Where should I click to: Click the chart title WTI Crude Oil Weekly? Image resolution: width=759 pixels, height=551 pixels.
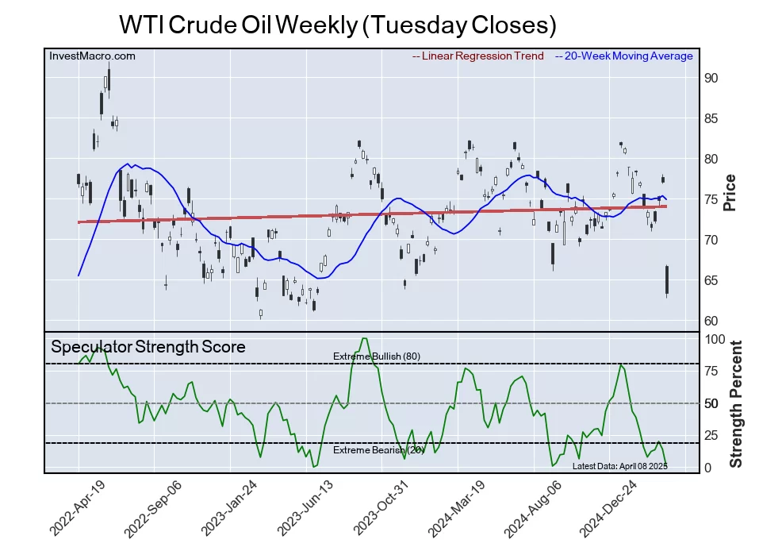(337, 25)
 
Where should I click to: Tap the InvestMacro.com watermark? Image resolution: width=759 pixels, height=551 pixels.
(92, 56)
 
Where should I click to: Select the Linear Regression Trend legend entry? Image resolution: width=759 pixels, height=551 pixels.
(479, 56)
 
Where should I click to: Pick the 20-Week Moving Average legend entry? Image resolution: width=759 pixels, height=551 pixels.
(624, 56)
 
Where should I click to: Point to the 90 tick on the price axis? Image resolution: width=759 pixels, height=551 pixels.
(711, 79)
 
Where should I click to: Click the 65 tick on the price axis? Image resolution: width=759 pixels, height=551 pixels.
(711, 281)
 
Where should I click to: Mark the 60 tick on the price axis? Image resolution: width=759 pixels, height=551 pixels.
(711, 322)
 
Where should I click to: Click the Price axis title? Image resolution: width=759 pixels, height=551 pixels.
(730, 192)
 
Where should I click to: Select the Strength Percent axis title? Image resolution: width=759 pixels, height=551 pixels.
(736, 403)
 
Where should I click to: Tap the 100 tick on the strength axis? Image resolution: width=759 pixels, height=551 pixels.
(715, 339)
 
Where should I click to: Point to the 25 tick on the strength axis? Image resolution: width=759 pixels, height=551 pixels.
(712, 436)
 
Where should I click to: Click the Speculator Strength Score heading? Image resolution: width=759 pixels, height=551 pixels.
(148, 347)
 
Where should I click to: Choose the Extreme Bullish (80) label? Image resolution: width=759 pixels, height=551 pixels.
(377, 356)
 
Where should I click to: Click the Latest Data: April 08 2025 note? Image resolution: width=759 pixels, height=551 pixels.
(619, 466)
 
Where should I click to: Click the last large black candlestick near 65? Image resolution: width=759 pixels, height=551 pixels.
(667, 280)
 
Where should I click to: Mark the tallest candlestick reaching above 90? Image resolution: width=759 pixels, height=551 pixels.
(108, 80)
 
